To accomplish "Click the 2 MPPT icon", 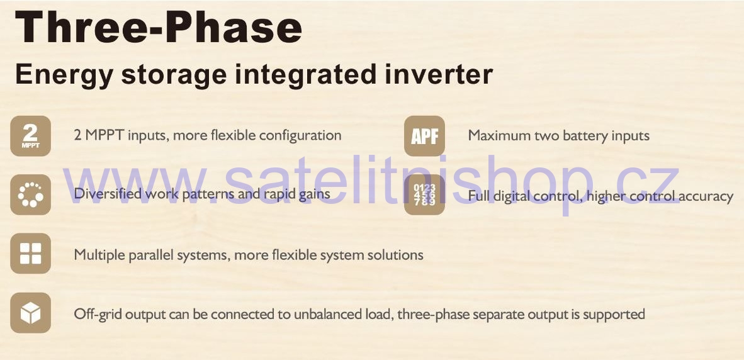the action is (x=30, y=136).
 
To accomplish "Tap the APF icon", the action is (x=424, y=136).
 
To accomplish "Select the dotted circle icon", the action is (x=30, y=194).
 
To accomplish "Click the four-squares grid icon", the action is (x=30, y=253).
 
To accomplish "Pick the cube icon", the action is (x=30, y=313).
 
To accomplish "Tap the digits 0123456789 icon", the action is (x=424, y=194).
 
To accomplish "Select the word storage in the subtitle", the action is (x=172, y=77).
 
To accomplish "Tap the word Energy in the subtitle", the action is (x=64, y=77).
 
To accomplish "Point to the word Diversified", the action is (x=108, y=194).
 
